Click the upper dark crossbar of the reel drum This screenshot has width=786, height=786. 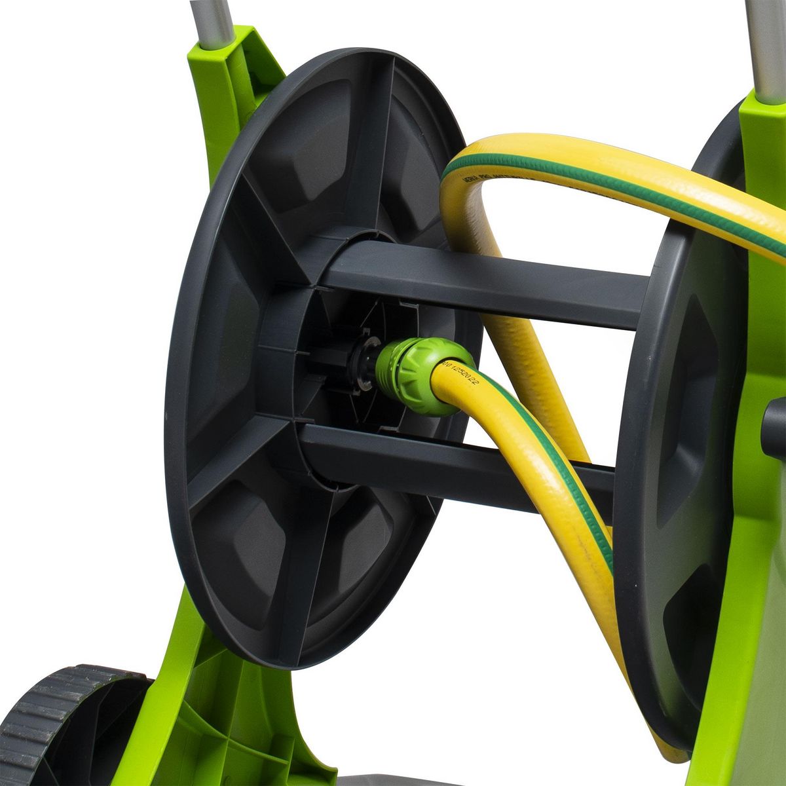point(485,282)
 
